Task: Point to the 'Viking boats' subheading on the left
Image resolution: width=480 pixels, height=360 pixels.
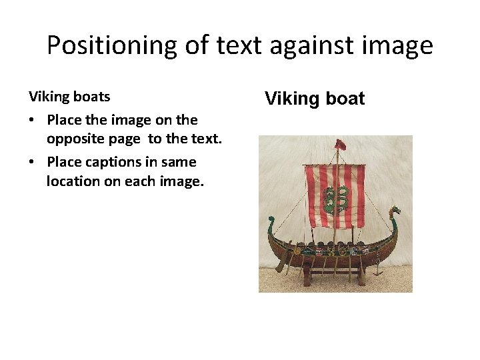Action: (69, 97)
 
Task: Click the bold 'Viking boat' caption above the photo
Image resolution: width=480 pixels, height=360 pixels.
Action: (315, 99)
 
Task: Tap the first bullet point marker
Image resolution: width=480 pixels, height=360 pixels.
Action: (33, 121)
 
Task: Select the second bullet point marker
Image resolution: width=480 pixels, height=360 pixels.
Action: (33, 163)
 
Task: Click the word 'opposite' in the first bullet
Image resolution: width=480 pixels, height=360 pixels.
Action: (74, 139)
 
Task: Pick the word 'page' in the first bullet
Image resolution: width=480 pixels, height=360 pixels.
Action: (125, 139)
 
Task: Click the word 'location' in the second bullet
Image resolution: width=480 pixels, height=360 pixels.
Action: (73, 181)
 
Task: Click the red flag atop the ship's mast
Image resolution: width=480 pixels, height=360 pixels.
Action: (341, 145)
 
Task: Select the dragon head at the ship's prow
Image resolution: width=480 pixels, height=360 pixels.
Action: (395, 213)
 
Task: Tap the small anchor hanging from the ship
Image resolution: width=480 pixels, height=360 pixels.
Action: (377, 269)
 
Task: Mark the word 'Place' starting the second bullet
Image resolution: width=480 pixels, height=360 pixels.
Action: (65, 162)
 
